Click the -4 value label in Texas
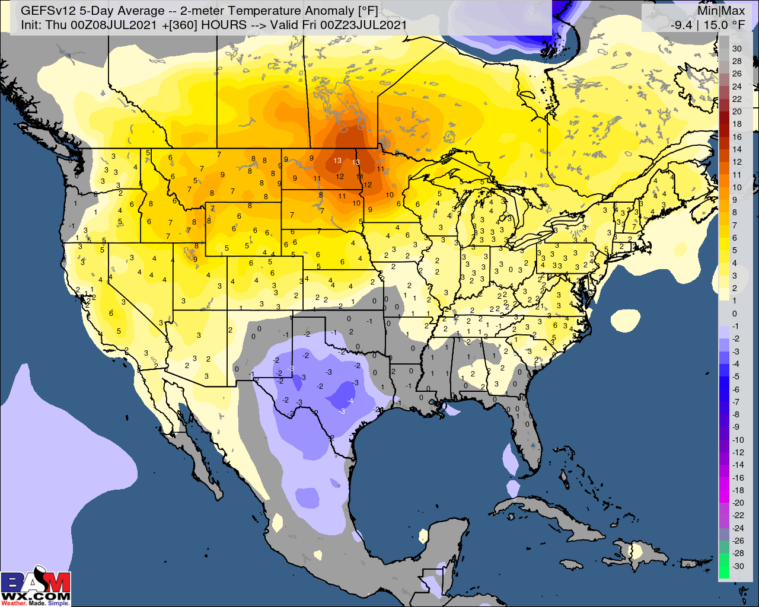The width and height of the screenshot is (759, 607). click(x=350, y=401)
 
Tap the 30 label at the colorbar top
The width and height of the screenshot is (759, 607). click(x=736, y=49)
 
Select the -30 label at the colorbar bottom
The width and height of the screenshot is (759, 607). click(x=738, y=566)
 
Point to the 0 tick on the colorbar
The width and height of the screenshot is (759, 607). click(x=735, y=314)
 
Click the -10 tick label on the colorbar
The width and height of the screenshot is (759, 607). click(x=738, y=440)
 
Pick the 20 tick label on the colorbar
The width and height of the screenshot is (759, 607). click(x=736, y=111)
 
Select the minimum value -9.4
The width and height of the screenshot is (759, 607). click(x=681, y=24)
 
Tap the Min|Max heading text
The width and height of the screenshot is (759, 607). click(x=720, y=10)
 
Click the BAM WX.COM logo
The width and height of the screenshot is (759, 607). click(x=36, y=588)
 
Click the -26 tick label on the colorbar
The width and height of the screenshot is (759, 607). click(x=738, y=541)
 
